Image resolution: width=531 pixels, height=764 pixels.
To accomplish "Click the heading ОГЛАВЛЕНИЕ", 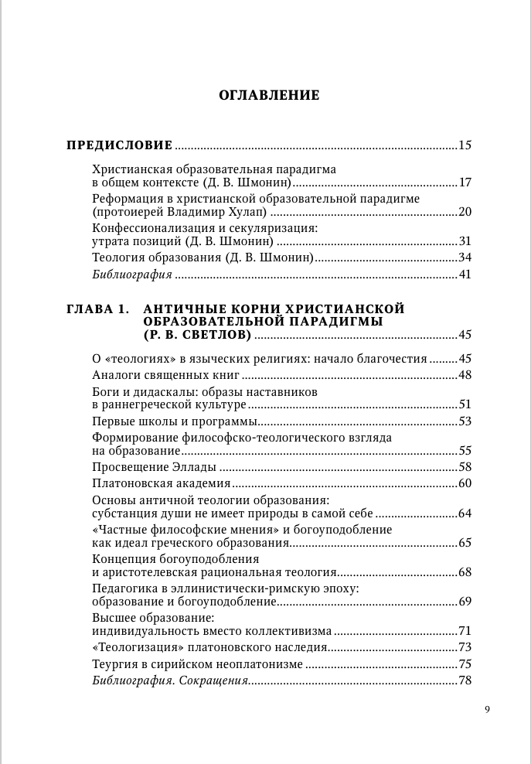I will click(269, 96).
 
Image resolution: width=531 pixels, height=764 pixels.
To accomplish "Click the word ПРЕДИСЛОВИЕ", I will click(120, 145).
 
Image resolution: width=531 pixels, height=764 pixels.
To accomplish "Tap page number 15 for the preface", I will click(465, 145).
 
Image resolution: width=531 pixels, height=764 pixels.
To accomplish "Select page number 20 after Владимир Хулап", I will click(465, 212).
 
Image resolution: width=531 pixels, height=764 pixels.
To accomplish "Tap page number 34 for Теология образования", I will click(465, 258).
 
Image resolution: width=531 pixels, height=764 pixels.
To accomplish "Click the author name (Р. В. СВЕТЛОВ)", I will click(197, 335).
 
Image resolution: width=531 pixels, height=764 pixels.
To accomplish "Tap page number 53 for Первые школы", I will click(465, 421).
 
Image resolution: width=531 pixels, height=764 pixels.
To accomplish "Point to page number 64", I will click(465, 513).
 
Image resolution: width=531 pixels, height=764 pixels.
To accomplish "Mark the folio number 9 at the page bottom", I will click(487, 710).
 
